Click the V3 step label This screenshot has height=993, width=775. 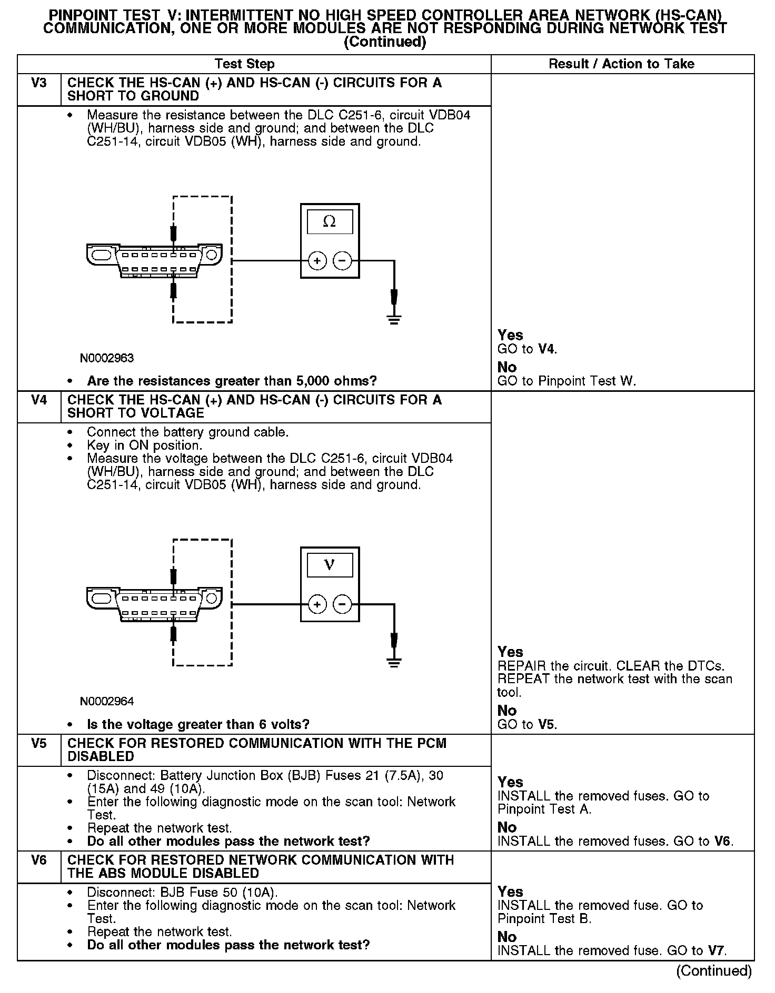pos(39,83)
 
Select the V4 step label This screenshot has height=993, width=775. pos(39,400)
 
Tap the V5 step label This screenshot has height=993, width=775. pos(39,744)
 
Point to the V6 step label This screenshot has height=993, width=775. pos(39,860)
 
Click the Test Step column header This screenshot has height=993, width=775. pos(245,64)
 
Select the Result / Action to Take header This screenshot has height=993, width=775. pos(621,64)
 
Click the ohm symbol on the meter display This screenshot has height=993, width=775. pos(330,222)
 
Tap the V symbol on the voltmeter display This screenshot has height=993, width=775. pos(330,565)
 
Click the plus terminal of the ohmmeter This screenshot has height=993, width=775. pos(317,260)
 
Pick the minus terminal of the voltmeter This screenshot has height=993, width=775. pos(343,604)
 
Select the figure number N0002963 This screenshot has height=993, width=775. pos(107,358)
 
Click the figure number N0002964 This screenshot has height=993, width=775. pos(107,702)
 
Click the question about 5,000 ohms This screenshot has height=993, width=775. pos(232,381)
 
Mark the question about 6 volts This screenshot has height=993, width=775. pos(198,724)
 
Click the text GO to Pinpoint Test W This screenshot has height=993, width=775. pos(567,381)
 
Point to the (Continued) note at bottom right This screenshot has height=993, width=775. pos(714,970)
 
